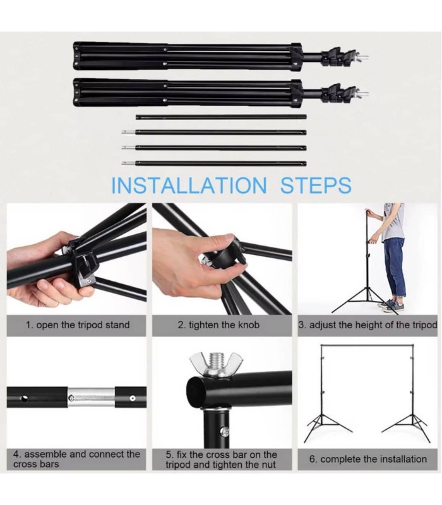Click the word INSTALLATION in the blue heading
[188, 186]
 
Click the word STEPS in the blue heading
[316, 186]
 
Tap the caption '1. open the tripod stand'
[77, 325]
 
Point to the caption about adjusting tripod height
[367, 325]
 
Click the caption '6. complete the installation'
[367, 459]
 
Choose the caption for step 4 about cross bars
[77, 459]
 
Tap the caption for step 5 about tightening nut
[221, 459]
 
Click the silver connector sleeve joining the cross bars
[92, 398]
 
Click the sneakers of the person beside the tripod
[390, 306]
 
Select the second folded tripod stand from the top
[189, 92]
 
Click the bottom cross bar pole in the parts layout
[215, 163]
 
